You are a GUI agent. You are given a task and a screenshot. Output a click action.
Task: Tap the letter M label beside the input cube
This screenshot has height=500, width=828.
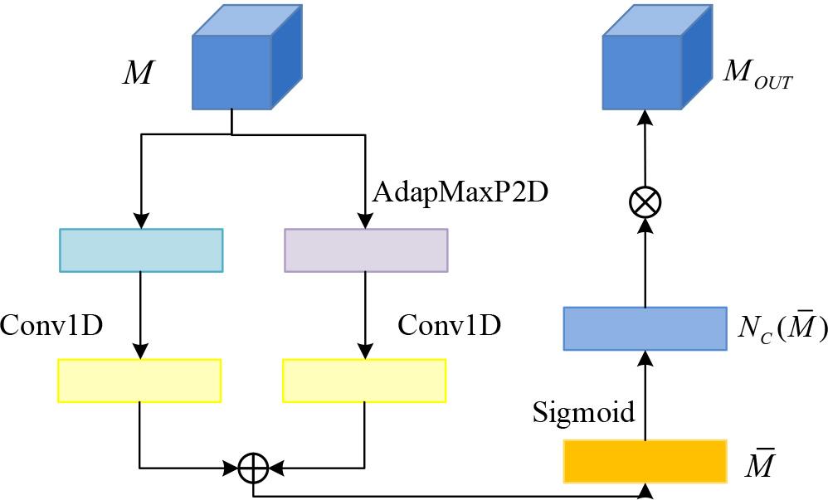coord(137,73)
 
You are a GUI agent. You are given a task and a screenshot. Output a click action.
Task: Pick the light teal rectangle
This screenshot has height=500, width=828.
coord(141,250)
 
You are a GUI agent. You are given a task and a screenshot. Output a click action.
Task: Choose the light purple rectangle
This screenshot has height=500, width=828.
coord(366,250)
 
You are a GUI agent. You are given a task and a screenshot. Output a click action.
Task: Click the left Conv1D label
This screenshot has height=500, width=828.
coord(51,325)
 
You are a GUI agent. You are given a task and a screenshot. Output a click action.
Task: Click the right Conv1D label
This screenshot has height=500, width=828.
coord(449,325)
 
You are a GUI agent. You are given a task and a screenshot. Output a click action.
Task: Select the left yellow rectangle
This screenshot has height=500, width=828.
coord(139,380)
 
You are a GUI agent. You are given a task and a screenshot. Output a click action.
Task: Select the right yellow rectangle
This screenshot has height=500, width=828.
coord(364,380)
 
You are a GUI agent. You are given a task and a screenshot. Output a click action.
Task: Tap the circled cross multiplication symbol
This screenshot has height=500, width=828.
coord(645,201)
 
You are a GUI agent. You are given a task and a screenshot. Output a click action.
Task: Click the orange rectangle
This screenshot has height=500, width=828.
coord(645,460)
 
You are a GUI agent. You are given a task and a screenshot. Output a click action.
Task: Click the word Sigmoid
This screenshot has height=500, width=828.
coord(583,411)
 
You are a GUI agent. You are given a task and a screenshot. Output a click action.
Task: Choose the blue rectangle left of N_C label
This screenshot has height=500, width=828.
coord(645,328)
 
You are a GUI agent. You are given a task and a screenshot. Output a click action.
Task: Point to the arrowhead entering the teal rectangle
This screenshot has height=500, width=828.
coord(141,221)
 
